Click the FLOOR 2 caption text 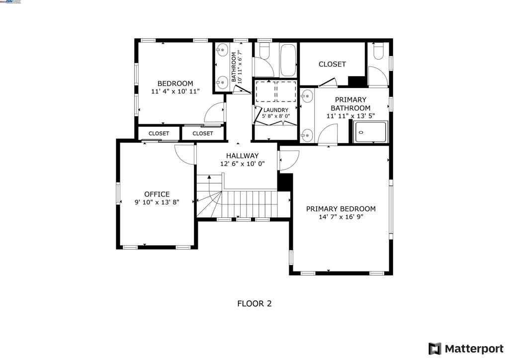point(254,303)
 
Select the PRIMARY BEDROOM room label point(340,209)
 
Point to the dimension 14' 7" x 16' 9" point(340,217)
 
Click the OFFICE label point(157,194)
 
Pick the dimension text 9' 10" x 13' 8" point(157,202)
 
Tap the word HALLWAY point(242,156)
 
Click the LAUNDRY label point(275,110)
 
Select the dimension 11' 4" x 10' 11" point(175,92)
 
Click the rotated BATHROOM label point(234,67)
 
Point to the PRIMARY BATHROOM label point(350,104)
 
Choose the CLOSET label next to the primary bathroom point(332,64)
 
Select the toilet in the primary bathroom point(378,51)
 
